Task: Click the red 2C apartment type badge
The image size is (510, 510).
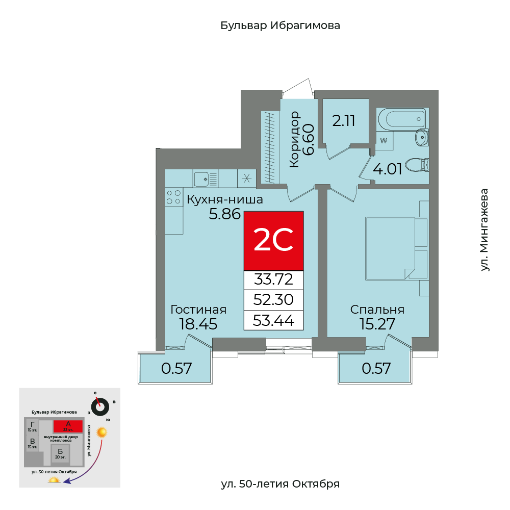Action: [274, 241]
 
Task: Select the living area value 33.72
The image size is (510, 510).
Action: [274, 279]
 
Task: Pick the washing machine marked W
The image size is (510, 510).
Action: [385, 140]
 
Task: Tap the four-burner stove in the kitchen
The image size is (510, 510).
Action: [174, 197]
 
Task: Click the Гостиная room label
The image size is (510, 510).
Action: [198, 310]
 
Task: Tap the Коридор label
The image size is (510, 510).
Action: [294, 140]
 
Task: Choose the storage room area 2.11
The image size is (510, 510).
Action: [343, 121]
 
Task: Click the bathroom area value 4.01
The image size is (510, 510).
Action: [388, 169]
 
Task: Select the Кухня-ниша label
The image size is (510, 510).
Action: [225, 199]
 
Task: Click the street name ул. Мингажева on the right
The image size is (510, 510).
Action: [484, 230]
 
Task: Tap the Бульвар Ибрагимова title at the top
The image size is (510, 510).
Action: [280, 25]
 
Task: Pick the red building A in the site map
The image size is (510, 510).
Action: [68, 425]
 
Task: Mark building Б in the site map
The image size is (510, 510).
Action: [60, 452]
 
